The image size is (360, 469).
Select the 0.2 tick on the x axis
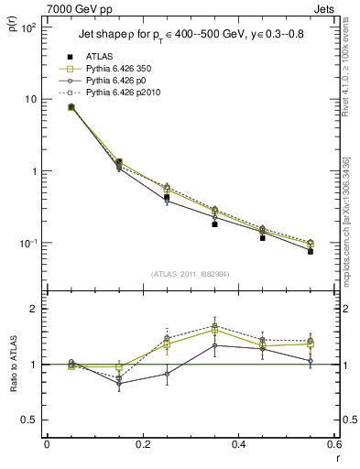tap(142, 445)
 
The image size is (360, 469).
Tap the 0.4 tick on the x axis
tap(238, 445)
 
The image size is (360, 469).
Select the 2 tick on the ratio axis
tap(35, 309)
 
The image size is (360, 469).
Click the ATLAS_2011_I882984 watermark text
tap(191, 274)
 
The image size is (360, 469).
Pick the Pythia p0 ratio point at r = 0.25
tap(167, 374)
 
